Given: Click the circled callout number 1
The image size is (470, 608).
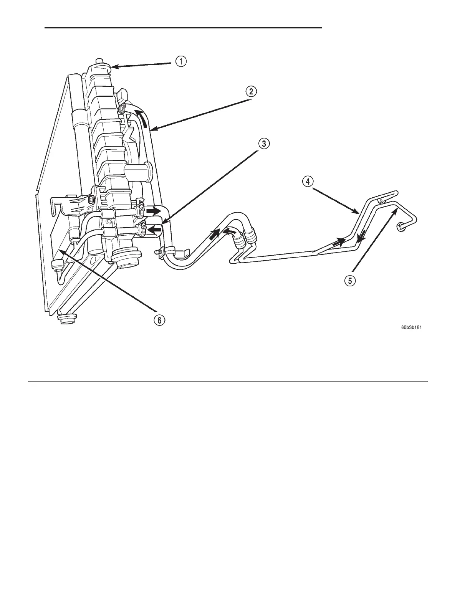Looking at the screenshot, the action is pyautogui.click(x=181, y=61).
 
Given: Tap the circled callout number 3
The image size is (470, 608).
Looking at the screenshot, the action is pyautogui.click(x=263, y=144).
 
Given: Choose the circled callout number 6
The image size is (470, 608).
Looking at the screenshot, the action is pyautogui.click(x=160, y=319).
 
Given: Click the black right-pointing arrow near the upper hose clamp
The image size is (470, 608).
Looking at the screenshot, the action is pyautogui.click(x=154, y=211).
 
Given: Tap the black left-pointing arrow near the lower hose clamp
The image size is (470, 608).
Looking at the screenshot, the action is pyautogui.click(x=154, y=230).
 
